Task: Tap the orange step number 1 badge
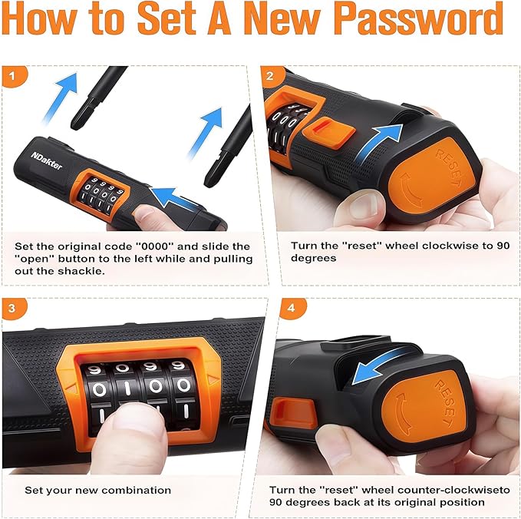[x=13, y=77]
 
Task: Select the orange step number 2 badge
[x=272, y=77]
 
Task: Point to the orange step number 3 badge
[x=13, y=309]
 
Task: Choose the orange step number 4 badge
[x=292, y=309]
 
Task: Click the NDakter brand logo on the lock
[x=47, y=160]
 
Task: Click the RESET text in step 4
[x=446, y=403]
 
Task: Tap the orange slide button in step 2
[x=328, y=134]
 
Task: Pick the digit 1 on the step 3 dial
[x=128, y=388]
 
